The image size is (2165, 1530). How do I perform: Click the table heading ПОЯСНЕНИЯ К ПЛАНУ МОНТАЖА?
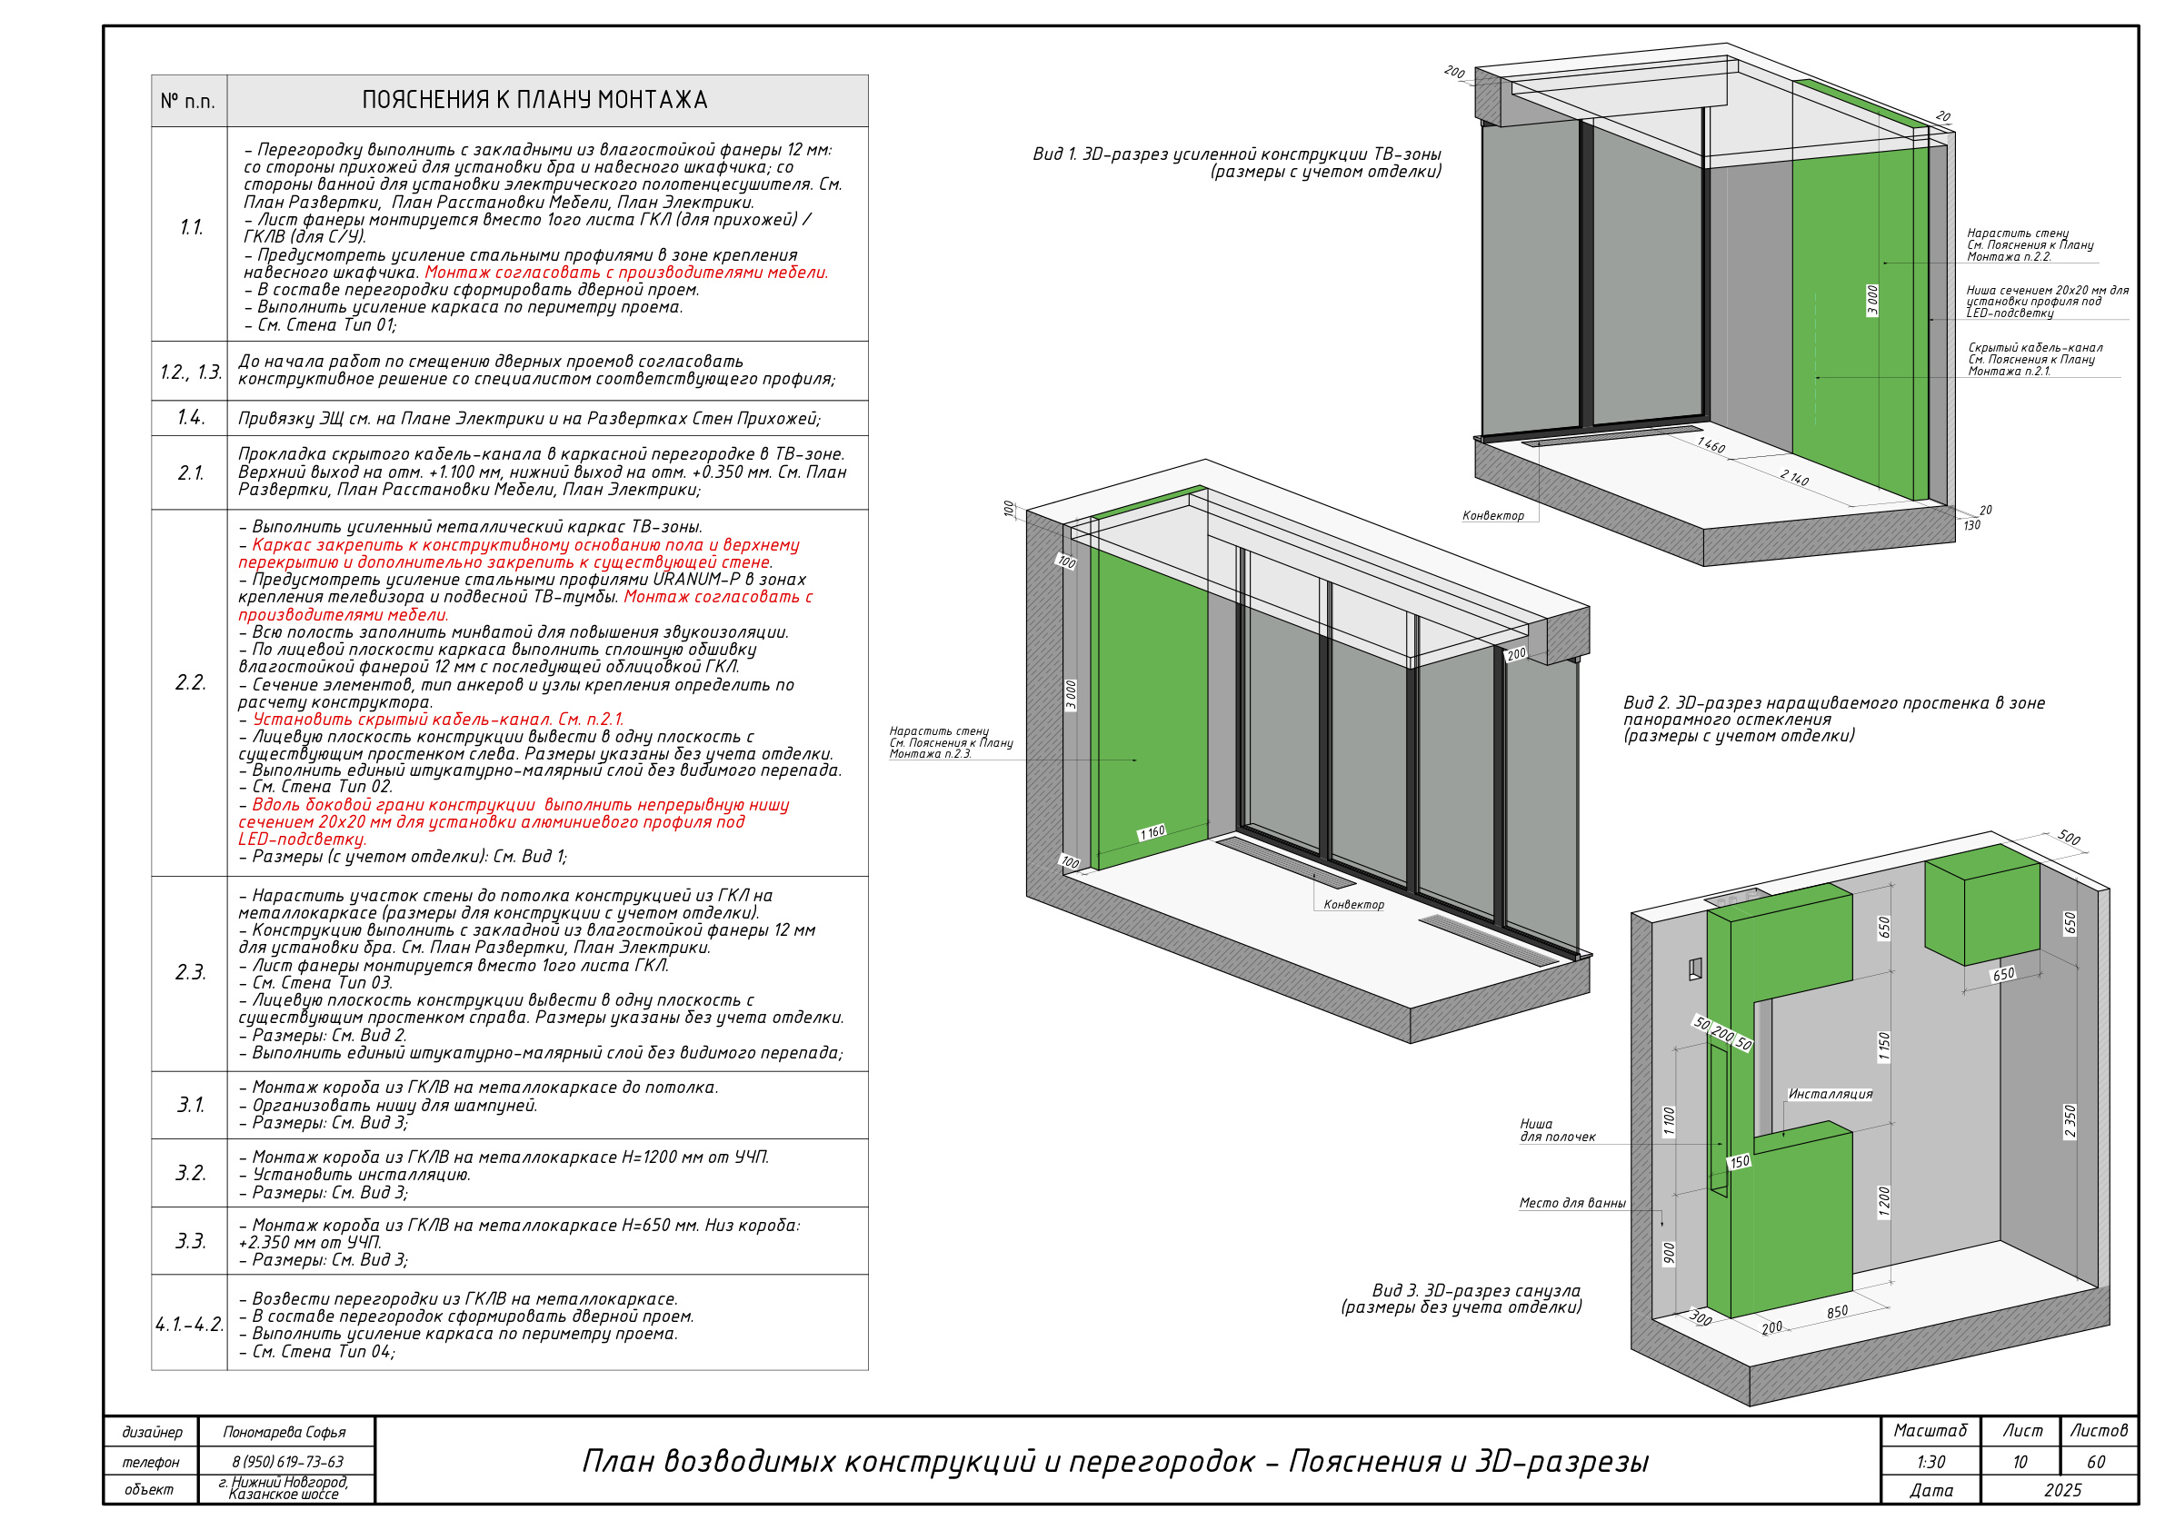pos(534,100)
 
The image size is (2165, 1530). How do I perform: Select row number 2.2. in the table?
pos(191,682)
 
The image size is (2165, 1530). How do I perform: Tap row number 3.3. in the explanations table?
pos(191,1240)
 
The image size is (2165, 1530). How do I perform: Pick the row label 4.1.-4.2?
pos(190,1325)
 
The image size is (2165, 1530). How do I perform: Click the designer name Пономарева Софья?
pos(284,1432)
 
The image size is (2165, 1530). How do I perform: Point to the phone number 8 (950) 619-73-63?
pos(287,1462)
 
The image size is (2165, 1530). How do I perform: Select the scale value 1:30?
pos(1931,1462)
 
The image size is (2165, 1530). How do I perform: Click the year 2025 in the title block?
pos(2062,1490)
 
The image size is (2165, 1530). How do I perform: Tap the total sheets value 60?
pos(2096,1462)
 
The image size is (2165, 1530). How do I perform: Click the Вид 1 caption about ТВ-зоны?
pos(1237,164)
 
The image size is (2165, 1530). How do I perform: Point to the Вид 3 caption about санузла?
pos(1462,1298)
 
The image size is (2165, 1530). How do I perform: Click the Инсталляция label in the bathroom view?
pos(1831,1094)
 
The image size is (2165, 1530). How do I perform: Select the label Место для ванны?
pos(1571,1203)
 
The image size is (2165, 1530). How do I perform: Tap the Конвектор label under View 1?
pos(1492,516)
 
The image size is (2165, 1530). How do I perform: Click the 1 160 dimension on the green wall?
pos(1152,832)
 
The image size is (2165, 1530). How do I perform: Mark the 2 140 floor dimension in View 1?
pos(1794,478)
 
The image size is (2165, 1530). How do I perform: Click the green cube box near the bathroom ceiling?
pos(1982,904)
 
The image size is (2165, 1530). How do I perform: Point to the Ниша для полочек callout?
pos(1557,1130)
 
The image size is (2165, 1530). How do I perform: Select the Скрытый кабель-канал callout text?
pos(2035,359)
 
